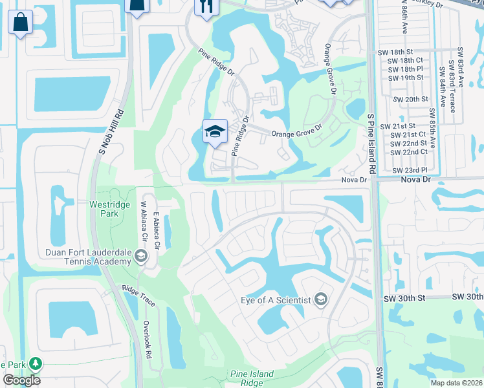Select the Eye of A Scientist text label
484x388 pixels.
(x=276, y=299)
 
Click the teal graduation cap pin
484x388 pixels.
(x=215, y=132)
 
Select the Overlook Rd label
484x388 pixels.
(x=147, y=336)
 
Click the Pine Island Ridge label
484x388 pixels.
(x=252, y=378)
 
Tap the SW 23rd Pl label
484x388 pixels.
(x=406, y=170)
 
